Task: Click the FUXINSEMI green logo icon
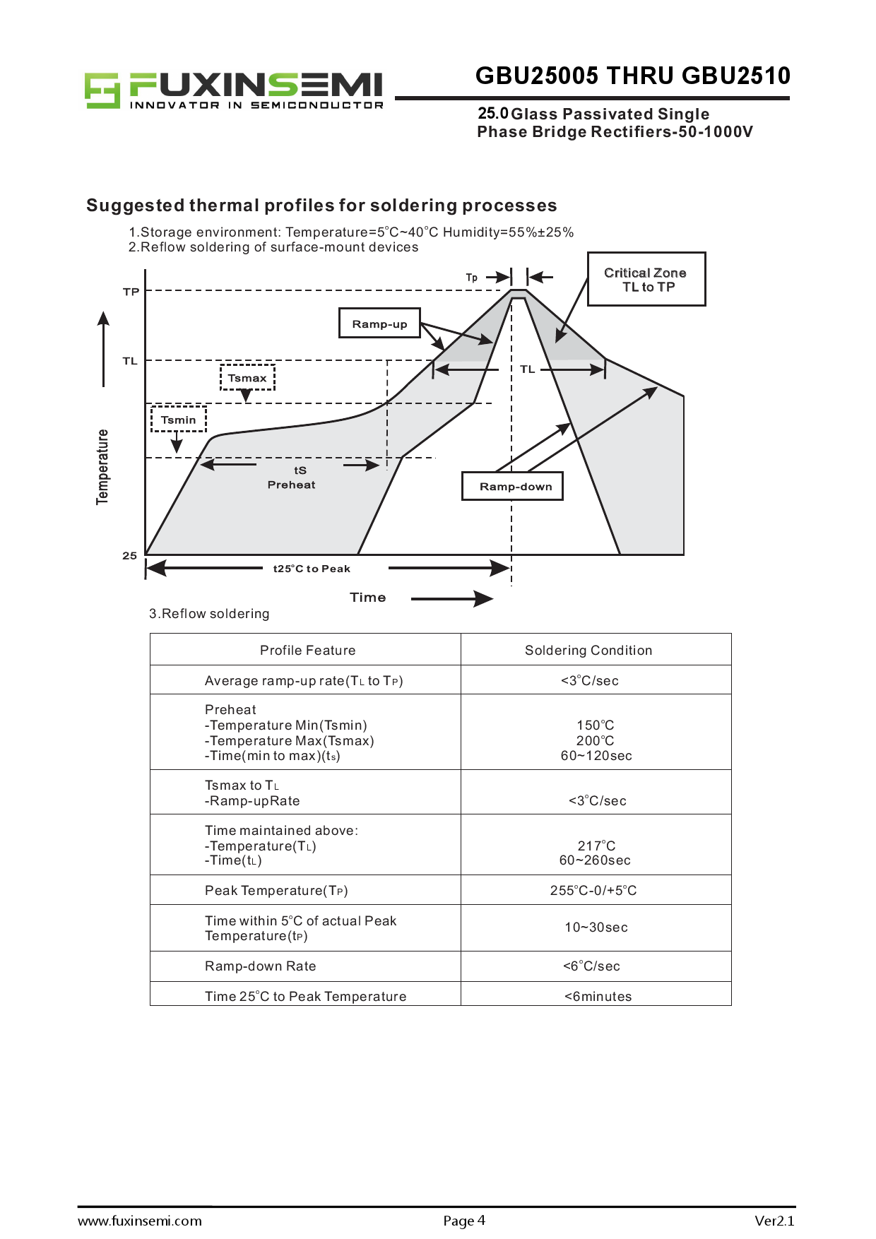click(102, 90)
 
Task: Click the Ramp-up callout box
click(379, 324)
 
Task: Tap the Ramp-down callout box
click(512, 486)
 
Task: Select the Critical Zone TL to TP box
click(646, 279)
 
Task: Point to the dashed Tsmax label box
click(247, 378)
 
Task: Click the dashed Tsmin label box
click(178, 420)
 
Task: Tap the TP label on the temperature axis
click(131, 292)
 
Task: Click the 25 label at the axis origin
click(129, 556)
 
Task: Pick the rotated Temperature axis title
click(103, 466)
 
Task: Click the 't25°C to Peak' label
click(312, 569)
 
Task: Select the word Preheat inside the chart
click(291, 485)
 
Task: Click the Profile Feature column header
click(307, 651)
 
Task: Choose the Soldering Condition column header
click(588, 651)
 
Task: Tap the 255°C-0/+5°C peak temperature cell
click(593, 891)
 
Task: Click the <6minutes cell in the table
click(598, 997)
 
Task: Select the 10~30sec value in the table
click(596, 927)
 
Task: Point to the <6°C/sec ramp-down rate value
click(591, 966)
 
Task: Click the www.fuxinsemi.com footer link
click(140, 1221)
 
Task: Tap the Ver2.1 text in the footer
click(774, 1221)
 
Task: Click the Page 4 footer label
click(464, 1221)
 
